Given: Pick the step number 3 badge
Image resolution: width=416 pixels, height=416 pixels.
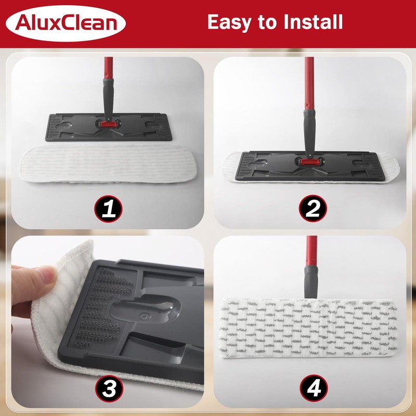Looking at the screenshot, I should coord(108,389).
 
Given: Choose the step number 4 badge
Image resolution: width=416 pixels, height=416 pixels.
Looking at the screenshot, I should coord(313,389).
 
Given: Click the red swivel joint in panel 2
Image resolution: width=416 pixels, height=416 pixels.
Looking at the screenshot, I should coord(307,161).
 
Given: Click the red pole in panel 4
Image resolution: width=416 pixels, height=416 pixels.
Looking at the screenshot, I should coord(311,250).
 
